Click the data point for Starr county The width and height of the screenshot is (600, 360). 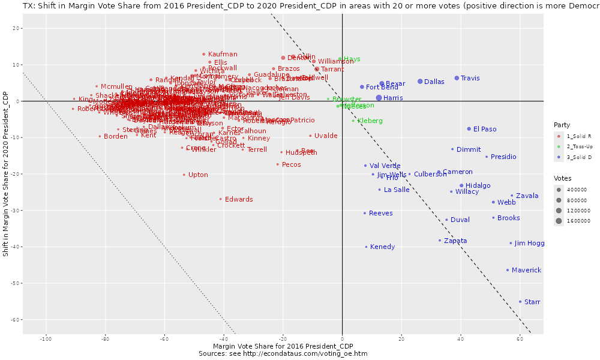pos(520,302)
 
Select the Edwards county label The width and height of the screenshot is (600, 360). pos(239,199)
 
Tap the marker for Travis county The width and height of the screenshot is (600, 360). pos(457,78)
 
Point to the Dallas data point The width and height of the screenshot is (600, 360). pos(420,82)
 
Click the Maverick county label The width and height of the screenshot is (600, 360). pos(526,270)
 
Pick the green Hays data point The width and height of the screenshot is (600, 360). pos(340,59)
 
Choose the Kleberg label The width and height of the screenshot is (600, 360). pos(370,121)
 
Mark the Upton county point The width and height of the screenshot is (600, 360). pos(184,175)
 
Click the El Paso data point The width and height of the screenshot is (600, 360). pos(469,129)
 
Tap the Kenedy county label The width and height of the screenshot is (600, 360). pos(382,247)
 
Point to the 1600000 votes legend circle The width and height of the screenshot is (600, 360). pos(559,221)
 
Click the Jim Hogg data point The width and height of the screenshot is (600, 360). pos(511,243)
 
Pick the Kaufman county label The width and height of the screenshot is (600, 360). pos(223,54)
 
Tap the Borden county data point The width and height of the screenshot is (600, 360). pos(100,136)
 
